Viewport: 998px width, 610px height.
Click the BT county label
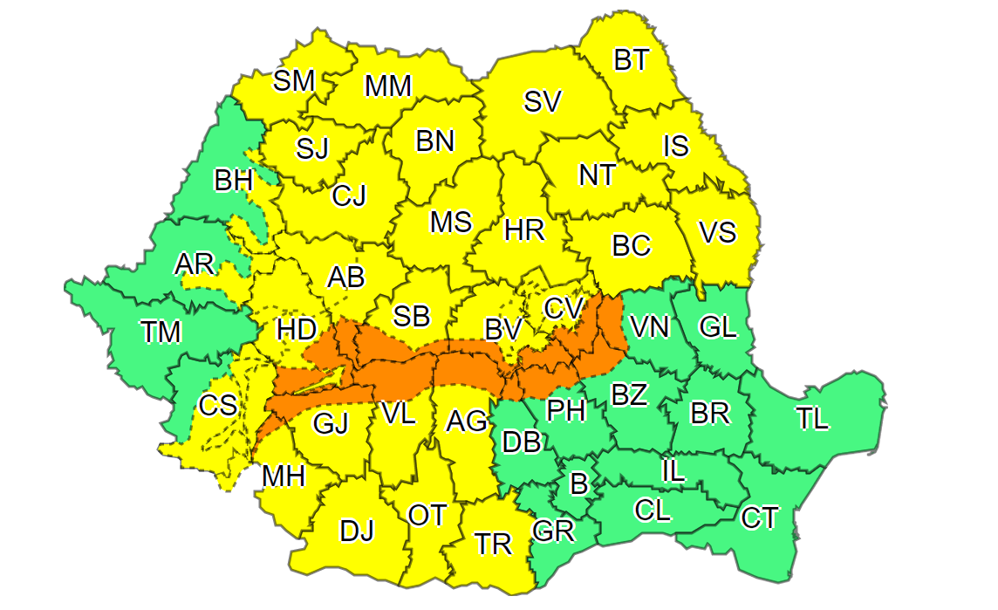pos(632,60)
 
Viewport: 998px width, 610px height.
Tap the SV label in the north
pos(542,102)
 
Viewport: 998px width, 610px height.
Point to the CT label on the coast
pos(759,517)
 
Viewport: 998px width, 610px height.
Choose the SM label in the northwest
pos(293,81)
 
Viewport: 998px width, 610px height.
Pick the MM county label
pos(387,86)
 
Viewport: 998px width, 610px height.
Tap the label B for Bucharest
pos(578,483)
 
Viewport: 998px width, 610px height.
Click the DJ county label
pos(356,530)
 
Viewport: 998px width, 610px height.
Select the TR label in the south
pos(493,544)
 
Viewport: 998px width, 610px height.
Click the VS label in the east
pos(718,233)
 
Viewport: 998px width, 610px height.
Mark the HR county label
pos(524,230)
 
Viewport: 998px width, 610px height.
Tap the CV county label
pos(563,308)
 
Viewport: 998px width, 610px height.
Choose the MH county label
pos(284,476)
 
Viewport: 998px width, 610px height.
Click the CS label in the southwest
pos(217,406)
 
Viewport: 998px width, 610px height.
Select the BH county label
pos(233,181)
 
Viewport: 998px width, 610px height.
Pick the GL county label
pos(718,327)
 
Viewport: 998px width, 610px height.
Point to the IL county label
pos(673,472)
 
